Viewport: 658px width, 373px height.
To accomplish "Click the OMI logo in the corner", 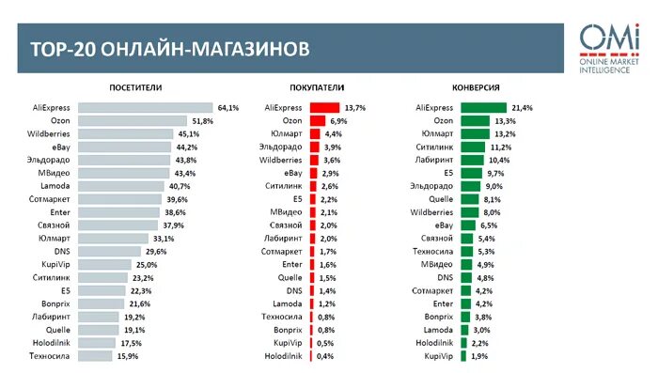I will [610, 49].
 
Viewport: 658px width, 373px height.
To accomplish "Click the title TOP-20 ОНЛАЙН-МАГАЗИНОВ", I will [169, 49].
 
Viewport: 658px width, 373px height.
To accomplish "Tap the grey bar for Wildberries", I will [132, 134].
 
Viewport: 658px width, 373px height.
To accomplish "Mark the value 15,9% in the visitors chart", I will [126, 357].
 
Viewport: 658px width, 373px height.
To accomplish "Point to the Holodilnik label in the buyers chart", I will [282, 357].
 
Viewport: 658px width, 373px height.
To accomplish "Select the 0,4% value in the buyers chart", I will [327, 357].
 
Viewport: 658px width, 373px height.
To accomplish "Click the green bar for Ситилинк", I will [472, 148].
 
